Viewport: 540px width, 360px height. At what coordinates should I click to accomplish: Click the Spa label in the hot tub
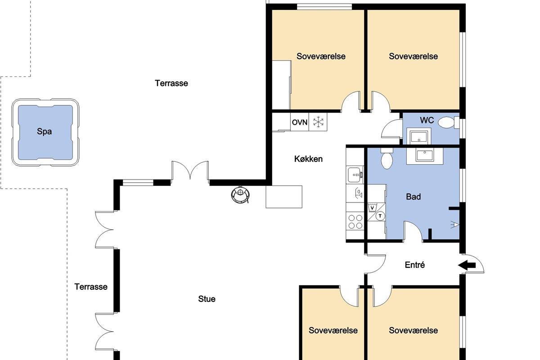tap(45, 132)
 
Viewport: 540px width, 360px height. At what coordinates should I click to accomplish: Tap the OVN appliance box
tap(300, 122)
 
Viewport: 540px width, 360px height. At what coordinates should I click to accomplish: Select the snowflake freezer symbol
tap(318, 122)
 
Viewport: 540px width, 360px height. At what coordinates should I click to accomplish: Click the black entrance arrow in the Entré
tap(467, 265)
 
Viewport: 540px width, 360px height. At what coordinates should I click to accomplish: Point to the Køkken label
tap(308, 159)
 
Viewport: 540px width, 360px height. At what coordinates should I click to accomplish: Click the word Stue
tap(207, 299)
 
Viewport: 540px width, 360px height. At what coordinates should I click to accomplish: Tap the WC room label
tap(427, 120)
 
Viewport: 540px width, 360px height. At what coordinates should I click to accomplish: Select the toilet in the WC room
tap(448, 122)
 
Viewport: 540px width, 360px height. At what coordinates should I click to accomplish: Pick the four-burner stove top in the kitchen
tap(355, 221)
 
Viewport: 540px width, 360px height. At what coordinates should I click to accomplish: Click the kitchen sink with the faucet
tap(355, 174)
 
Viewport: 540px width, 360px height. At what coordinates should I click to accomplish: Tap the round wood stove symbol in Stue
tap(240, 194)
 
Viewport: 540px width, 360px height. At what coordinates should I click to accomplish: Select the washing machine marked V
tap(373, 207)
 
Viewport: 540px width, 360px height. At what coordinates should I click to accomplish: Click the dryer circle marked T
tap(380, 216)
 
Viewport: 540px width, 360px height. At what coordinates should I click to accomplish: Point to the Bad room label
tap(414, 197)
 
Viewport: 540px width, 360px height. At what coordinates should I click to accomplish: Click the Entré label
tap(414, 265)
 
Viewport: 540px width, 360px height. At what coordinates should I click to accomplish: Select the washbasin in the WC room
tap(419, 137)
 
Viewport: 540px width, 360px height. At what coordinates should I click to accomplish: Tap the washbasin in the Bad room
tap(425, 156)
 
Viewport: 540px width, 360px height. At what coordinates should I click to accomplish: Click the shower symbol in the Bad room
tap(455, 225)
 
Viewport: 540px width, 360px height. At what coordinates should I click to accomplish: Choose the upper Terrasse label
tap(171, 83)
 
